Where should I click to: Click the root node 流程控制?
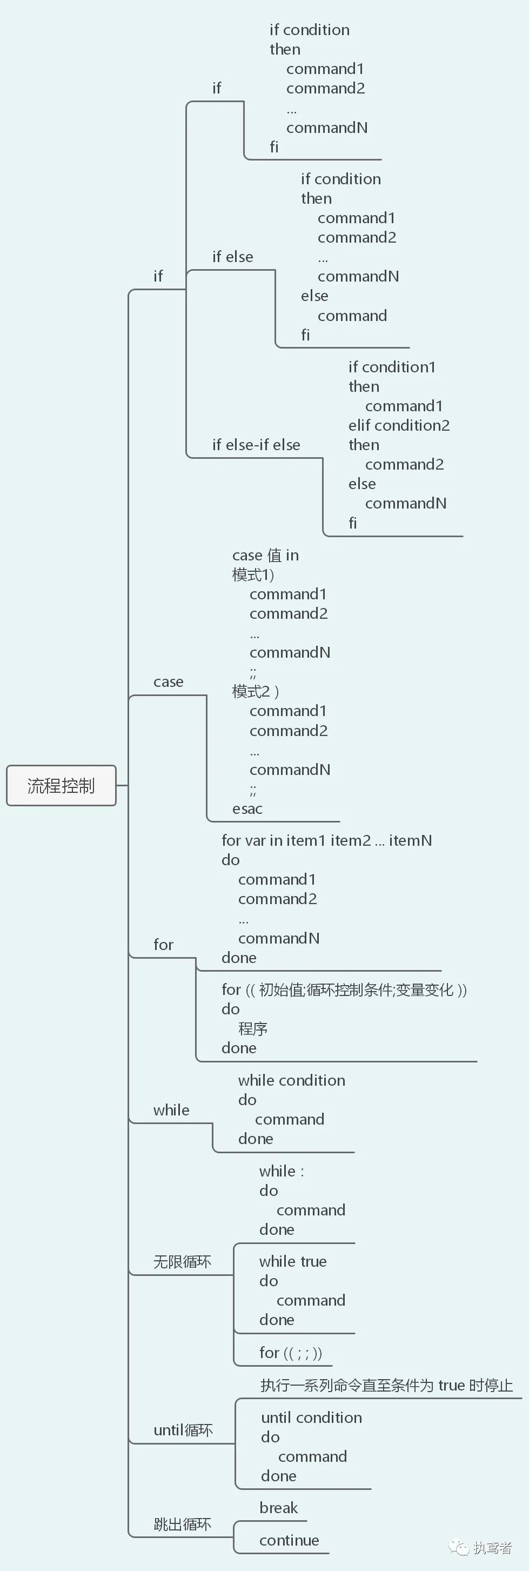click(61, 786)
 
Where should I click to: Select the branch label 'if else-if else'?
click(256, 445)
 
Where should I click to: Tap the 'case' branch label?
click(168, 682)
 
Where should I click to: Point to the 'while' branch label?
click(171, 1110)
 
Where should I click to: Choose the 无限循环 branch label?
click(182, 1261)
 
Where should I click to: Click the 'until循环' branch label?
click(183, 1430)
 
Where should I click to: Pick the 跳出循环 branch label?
click(182, 1525)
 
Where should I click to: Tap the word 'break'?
click(278, 1508)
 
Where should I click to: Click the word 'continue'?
click(289, 1541)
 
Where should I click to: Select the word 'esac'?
click(247, 808)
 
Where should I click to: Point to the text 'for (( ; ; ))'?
click(291, 1353)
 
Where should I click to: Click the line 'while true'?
click(292, 1261)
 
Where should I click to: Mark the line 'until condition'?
click(311, 1418)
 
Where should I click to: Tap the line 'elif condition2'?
click(399, 425)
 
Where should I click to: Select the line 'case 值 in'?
click(265, 555)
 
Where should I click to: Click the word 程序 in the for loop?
click(253, 1029)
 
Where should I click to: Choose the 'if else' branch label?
click(232, 257)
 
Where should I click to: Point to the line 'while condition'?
click(291, 1080)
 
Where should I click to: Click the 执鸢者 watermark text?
click(492, 1547)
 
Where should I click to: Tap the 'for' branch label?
click(163, 945)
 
